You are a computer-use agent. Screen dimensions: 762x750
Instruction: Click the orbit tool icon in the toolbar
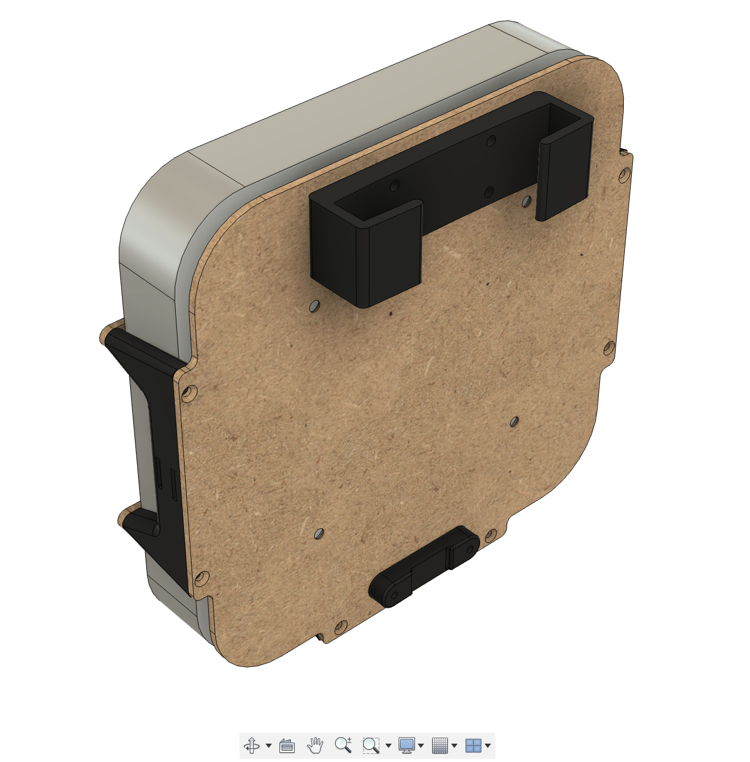[252, 746]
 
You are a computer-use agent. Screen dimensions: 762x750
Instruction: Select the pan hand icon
[315, 746]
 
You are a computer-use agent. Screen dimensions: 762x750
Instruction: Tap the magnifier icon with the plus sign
[343, 745]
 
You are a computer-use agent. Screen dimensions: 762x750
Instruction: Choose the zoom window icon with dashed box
[371, 746]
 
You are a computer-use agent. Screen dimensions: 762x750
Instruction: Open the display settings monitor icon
[406, 745]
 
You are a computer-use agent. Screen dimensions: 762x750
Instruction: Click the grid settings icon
[440, 746]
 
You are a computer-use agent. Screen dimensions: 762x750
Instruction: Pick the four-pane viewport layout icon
[473, 746]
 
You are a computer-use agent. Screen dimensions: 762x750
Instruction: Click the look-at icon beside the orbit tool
[287, 746]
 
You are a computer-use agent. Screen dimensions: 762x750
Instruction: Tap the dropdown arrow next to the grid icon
[454, 746]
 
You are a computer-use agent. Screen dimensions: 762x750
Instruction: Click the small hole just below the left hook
[314, 307]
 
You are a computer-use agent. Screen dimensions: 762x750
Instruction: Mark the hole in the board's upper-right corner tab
[625, 174]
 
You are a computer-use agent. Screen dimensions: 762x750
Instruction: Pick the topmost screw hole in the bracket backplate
[490, 141]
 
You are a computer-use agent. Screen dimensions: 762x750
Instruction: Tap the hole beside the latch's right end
[490, 536]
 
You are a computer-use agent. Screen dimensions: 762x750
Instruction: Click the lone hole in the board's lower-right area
[514, 421]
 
